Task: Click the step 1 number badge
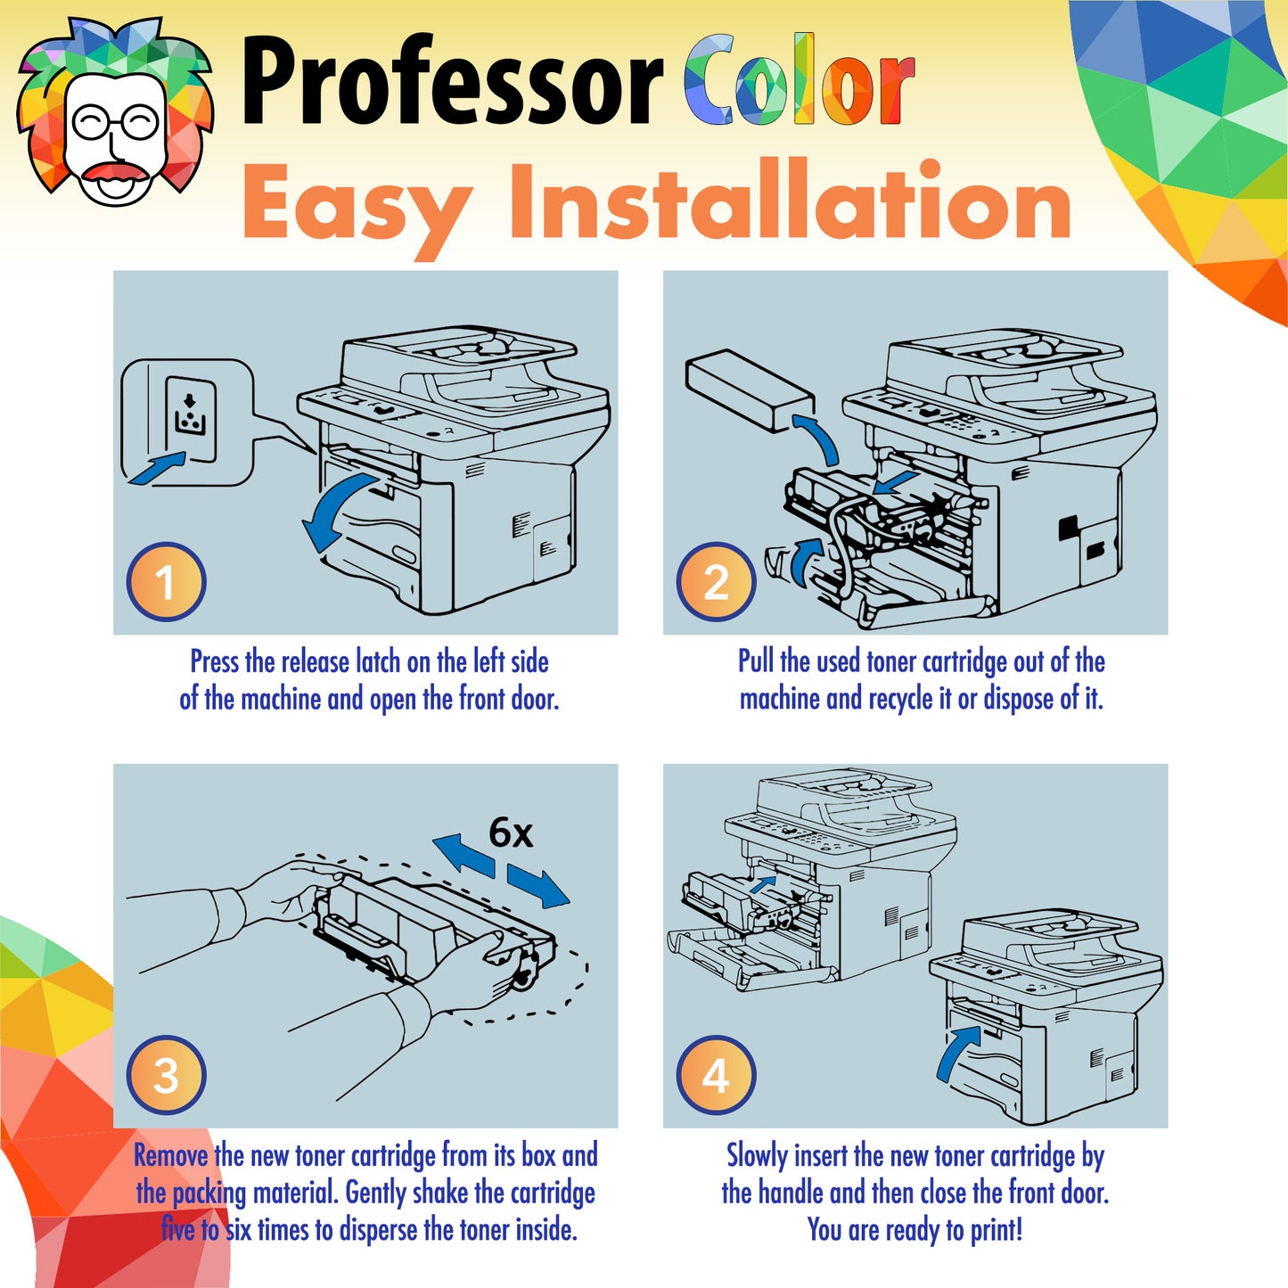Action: (x=166, y=581)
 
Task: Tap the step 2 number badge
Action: (x=716, y=581)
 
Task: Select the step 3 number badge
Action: (x=166, y=1075)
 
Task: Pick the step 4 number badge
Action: (x=716, y=1075)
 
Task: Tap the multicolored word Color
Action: (x=800, y=80)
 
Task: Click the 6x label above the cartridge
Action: (x=511, y=833)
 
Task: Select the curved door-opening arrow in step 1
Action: (x=338, y=511)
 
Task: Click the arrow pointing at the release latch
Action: (x=157, y=467)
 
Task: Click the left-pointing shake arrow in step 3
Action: (x=464, y=856)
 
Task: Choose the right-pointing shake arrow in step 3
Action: (x=538, y=886)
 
